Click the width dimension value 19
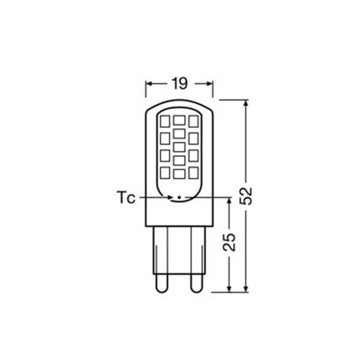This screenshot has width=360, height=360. click(x=179, y=83)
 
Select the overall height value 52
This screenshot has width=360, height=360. click(x=246, y=196)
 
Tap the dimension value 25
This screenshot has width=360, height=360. click(x=229, y=242)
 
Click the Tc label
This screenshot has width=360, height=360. click(x=126, y=197)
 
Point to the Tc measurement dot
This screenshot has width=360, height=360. click(x=179, y=197)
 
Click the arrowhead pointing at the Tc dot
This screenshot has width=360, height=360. click(x=170, y=197)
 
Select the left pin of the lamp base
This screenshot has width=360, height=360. click(x=162, y=283)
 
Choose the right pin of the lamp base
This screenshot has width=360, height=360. click(x=197, y=283)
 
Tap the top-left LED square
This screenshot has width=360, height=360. click(x=165, y=121)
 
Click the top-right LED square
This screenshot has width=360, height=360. click(x=194, y=121)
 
